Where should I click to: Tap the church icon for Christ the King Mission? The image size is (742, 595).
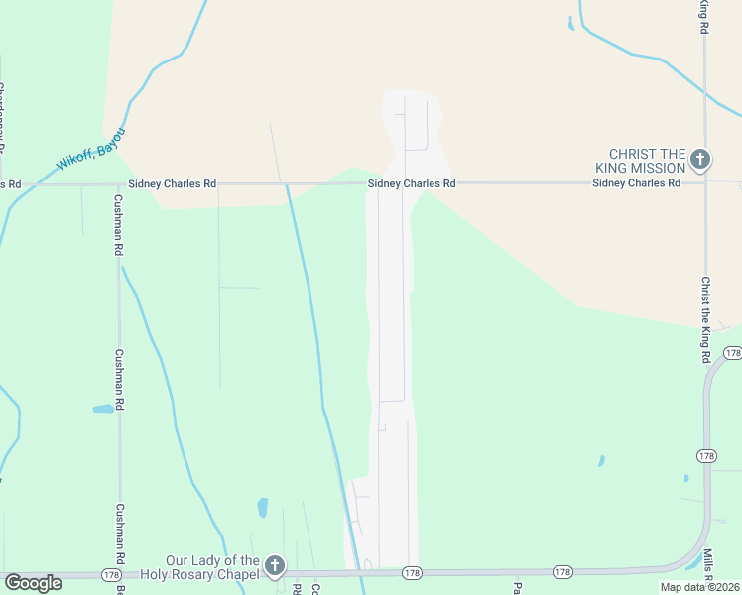[x=700, y=159]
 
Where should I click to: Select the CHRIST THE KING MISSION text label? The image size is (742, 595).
[x=647, y=160]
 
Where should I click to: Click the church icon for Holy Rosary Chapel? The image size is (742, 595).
[x=275, y=567]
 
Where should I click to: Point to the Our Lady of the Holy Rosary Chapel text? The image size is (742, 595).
[x=199, y=567]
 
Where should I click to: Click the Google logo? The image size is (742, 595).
[x=33, y=583]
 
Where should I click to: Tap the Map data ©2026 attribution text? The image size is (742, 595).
[x=698, y=587]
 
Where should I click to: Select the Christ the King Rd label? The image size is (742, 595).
[x=706, y=318]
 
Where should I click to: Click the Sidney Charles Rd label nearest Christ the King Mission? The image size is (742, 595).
[x=636, y=183]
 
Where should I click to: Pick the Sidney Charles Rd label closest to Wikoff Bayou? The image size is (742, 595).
[x=172, y=184]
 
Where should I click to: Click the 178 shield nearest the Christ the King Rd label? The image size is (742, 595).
[x=732, y=353]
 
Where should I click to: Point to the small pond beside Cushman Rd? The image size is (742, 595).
[x=103, y=409]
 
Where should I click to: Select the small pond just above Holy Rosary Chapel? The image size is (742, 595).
[x=263, y=508]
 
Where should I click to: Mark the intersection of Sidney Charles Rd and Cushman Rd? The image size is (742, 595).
[x=118, y=184]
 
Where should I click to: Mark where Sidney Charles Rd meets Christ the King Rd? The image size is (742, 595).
[x=705, y=183]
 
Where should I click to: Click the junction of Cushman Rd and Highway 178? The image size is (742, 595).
[x=119, y=575]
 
